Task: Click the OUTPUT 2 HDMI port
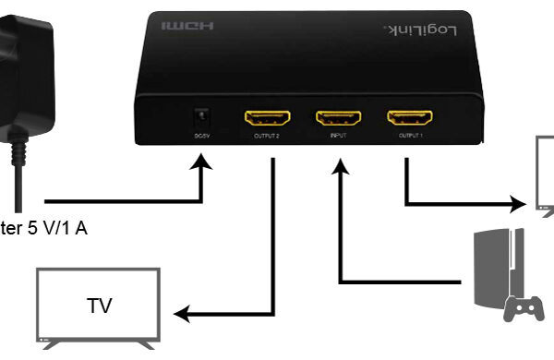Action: point(267,118)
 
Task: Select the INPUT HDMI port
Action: point(339,118)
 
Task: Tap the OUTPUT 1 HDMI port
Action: point(409,118)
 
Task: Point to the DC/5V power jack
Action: point(199,119)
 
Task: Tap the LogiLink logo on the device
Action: point(419,31)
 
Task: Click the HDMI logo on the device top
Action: point(187,27)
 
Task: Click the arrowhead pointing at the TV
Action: point(182,316)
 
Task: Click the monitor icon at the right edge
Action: point(545,175)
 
